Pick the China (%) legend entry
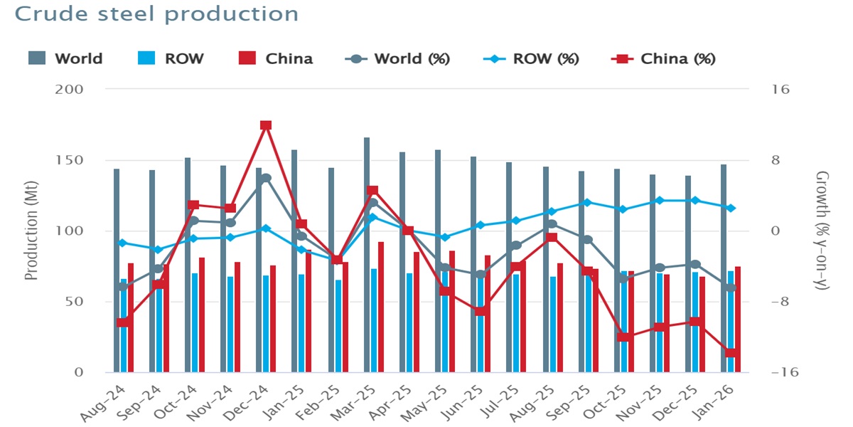665,58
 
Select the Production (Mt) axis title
32,231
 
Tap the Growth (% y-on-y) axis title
822,231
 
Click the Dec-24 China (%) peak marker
266,125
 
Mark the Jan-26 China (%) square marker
730,353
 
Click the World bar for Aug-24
117,270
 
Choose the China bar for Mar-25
381,306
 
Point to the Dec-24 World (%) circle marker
266,179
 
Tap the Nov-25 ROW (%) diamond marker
659,201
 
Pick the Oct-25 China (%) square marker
623,337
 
